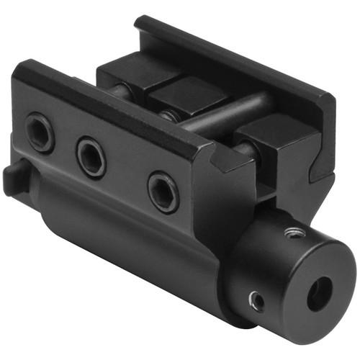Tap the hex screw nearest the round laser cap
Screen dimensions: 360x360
[x=163, y=191]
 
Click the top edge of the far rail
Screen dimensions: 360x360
[x=230, y=54]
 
